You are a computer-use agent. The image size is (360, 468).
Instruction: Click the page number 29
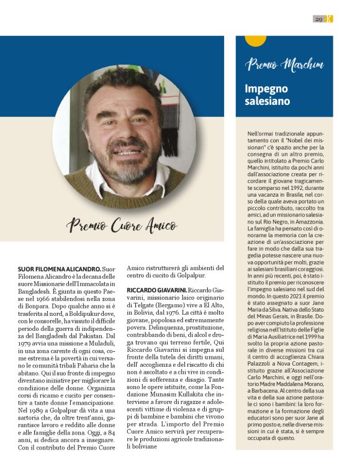[318, 19]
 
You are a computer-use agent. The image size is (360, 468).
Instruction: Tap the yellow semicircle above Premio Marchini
[254, 41]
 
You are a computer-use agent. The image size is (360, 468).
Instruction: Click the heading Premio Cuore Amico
[122, 226]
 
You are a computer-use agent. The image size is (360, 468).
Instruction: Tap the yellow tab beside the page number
[330, 19]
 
